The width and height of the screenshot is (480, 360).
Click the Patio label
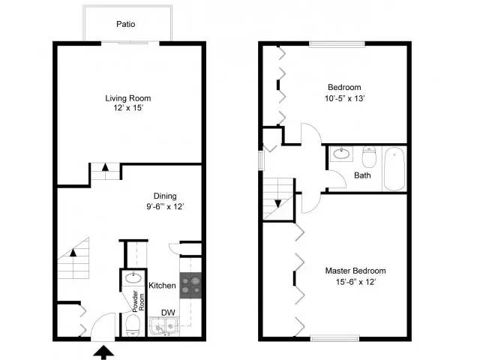coord(126,24)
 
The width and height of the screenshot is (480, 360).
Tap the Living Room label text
coord(127,97)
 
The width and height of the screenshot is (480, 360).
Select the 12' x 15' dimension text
coord(127,109)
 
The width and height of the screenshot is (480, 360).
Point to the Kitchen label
coord(162,286)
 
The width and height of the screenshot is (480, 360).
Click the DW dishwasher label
coord(168,312)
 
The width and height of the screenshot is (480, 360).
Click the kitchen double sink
coord(163,326)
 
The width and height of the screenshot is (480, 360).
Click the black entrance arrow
coord(103,349)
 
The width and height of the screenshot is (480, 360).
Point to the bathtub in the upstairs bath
coord(394,168)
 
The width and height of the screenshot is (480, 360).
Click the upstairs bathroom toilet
coord(369,158)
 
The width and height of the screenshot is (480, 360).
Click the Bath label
coord(362,176)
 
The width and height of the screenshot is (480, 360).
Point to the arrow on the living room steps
coord(106,169)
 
